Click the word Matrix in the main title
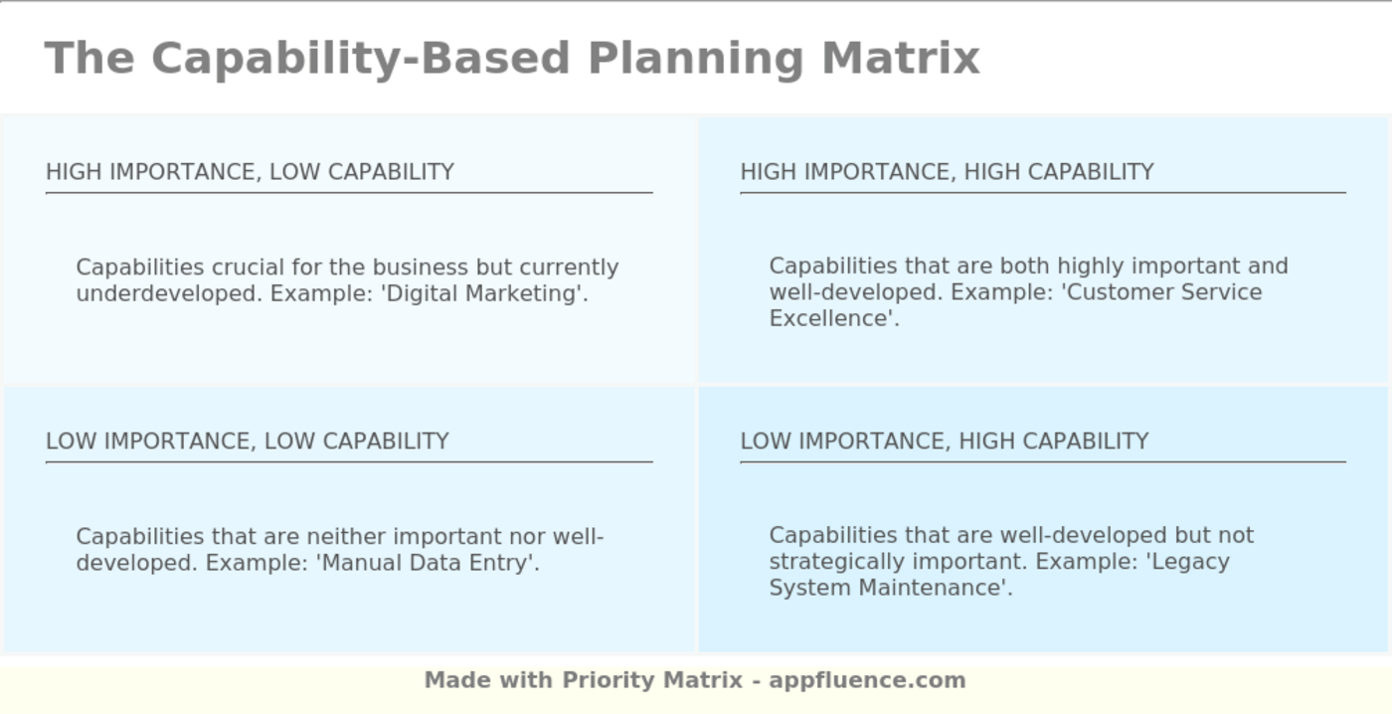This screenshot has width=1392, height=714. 901,58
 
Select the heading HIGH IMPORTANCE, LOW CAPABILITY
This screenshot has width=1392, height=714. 250,172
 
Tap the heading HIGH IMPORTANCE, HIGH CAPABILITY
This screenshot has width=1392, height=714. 947,172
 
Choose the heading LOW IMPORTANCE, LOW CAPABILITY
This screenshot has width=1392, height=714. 248,441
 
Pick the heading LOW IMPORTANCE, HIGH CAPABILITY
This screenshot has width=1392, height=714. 945,441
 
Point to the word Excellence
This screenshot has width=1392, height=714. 831,318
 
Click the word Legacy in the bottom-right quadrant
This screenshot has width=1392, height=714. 1190,561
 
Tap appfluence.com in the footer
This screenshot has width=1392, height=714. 867,680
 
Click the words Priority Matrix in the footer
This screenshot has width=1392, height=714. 652,680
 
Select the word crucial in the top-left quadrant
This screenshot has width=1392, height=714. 231,268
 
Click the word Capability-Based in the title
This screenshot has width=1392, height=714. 360,58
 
